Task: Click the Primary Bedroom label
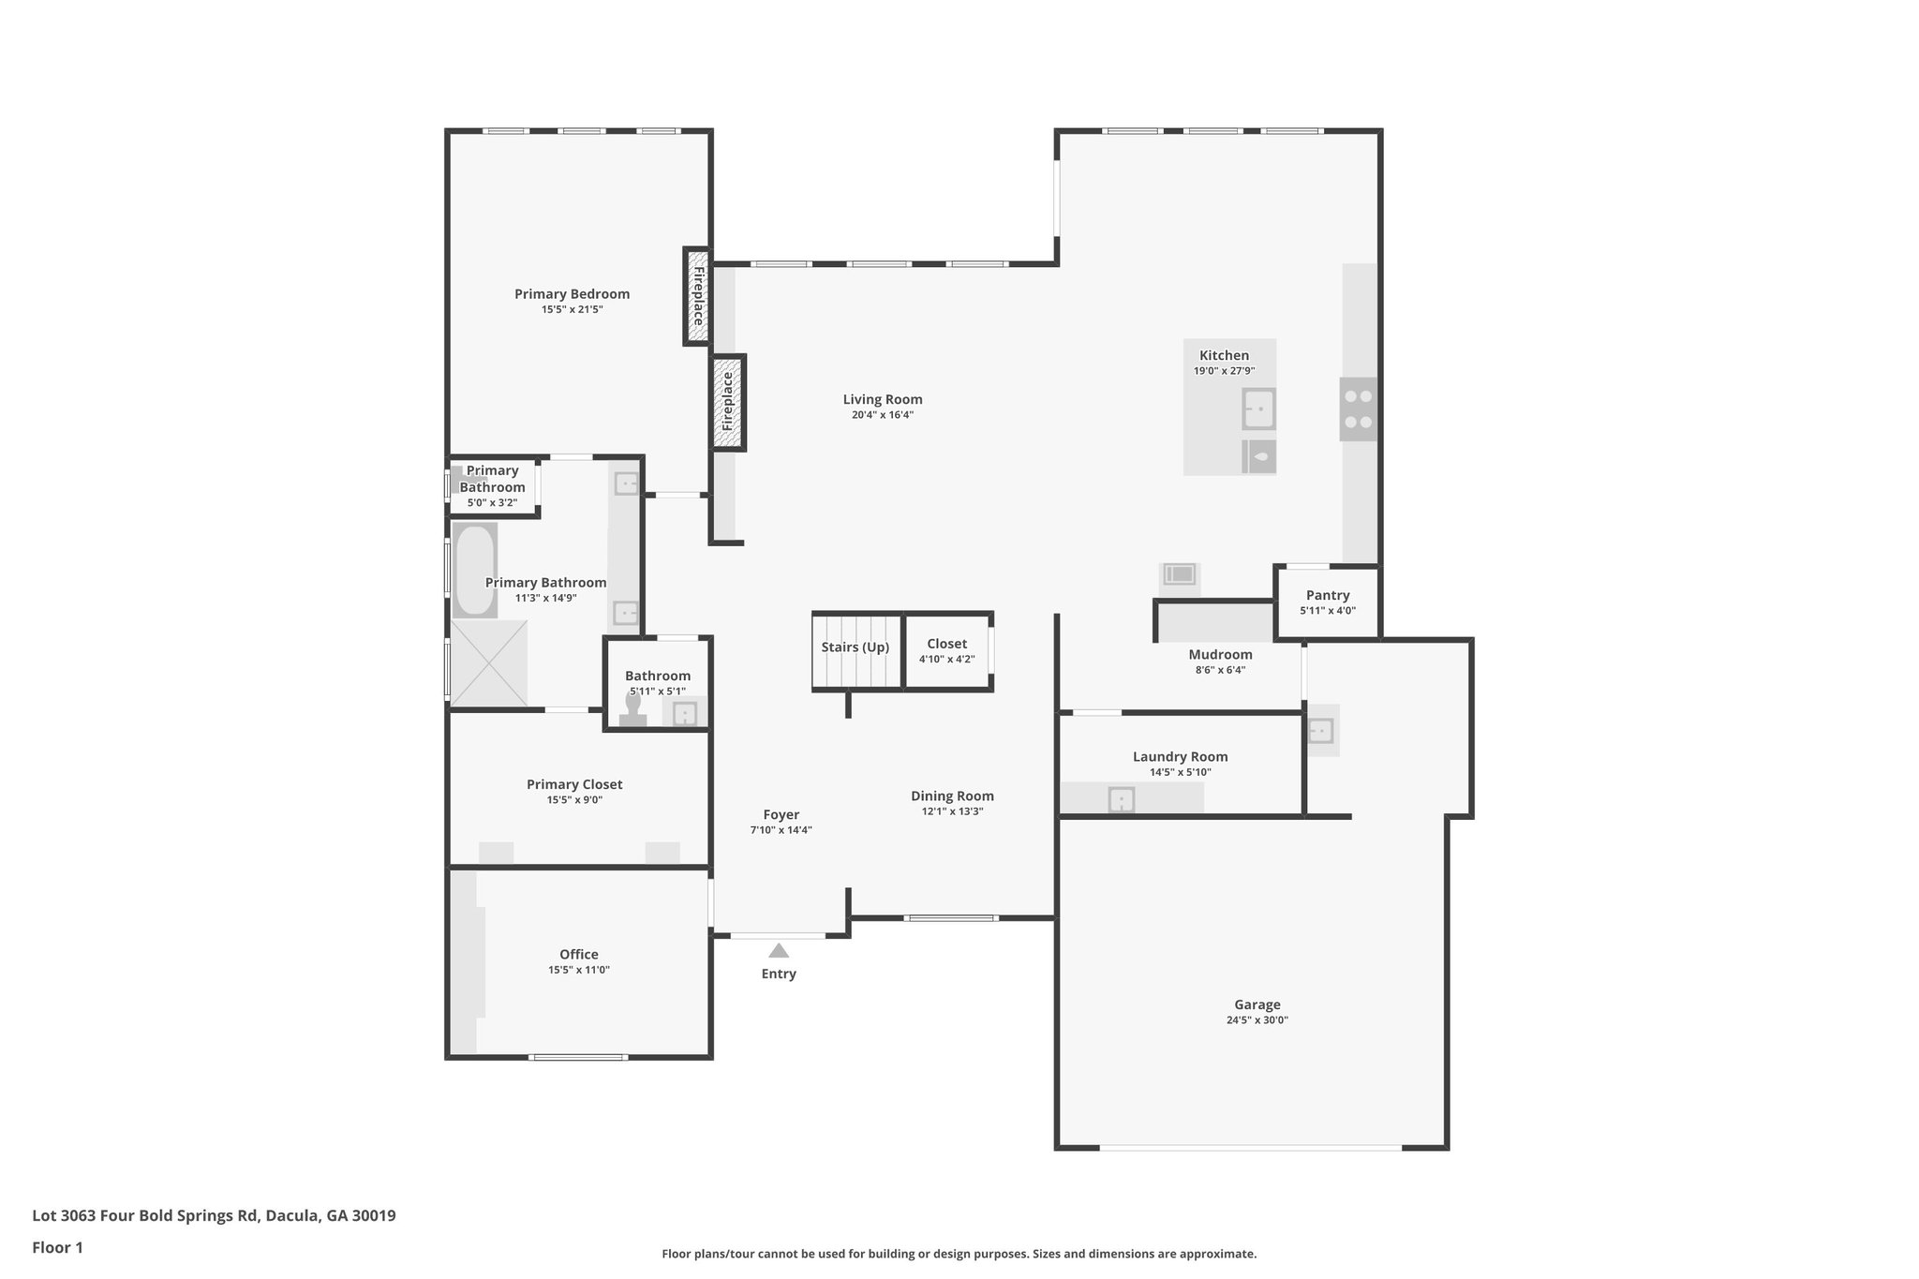click(572, 293)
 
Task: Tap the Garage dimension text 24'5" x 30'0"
click(1257, 1020)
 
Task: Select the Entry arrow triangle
click(779, 950)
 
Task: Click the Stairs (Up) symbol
click(855, 651)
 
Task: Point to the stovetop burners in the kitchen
click(1358, 409)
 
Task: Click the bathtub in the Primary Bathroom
click(474, 570)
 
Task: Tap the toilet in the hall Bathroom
click(633, 709)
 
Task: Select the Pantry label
click(1327, 595)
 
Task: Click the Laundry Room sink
click(1122, 799)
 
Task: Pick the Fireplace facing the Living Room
click(728, 402)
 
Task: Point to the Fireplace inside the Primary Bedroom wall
click(697, 296)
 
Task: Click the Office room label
click(578, 954)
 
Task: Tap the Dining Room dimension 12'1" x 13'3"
click(952, 811)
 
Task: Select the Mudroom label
click(1220, 654)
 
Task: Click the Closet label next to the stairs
click(946, 644)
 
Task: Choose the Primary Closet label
click(573, 784)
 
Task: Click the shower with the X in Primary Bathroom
click(488, 662)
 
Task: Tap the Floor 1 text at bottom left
click(57, 1247)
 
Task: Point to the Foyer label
click(781, 814)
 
